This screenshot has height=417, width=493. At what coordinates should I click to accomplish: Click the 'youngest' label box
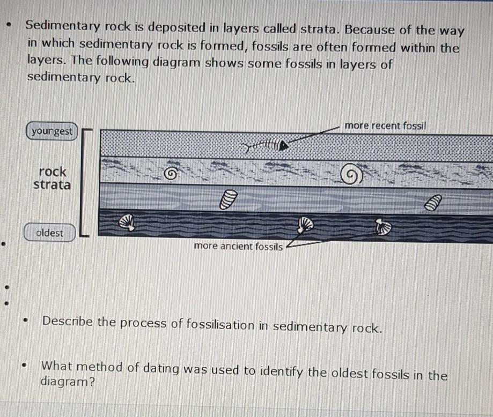(x=52, y=131)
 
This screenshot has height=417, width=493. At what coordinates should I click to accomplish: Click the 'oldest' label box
(x=49, y=233)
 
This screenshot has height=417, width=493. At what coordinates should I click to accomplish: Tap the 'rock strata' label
(x=52, y=178)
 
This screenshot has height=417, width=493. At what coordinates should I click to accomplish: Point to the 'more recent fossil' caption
(x=386, y=125)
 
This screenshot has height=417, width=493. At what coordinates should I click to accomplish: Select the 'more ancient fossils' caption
(x=238, y=246)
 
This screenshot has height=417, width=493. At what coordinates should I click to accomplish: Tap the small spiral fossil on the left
(x=171, y=173)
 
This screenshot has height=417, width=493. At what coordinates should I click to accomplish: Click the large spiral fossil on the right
(x=351, y=175)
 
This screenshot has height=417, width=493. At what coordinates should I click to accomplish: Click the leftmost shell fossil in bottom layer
(x=127, y=221)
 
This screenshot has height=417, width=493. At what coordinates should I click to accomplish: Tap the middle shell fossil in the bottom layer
(x=305, y=224)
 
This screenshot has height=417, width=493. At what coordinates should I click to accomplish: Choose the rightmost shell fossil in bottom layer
(x=383, y=227)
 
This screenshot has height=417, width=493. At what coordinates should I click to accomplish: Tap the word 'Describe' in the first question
(x=68, y=322)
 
